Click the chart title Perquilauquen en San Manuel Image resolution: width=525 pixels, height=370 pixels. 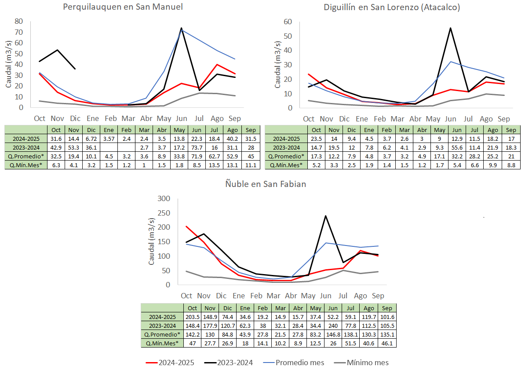tap(123, 7)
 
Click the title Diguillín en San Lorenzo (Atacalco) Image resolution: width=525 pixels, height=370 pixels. tap(392, 7)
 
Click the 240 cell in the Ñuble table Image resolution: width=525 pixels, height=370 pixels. tap(333, 326)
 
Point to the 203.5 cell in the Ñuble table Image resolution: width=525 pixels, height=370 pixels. tap(192, 317)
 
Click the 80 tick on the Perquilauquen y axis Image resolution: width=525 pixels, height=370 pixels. tap(19, 21)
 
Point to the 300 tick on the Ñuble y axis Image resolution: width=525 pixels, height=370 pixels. tap(164, 198)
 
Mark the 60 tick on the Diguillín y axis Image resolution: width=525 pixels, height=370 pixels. tap(288, 22)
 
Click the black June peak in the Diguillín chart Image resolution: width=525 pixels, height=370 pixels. tap(450, 28)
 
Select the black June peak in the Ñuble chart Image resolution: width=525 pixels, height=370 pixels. tap(325, 216)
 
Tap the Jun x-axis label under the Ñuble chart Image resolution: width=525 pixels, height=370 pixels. tap(325, 296)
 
